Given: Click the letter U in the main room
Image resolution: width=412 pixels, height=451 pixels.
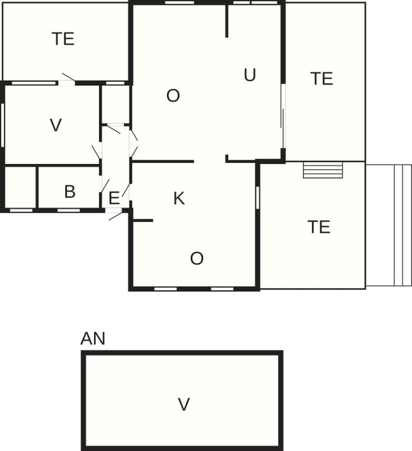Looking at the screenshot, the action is pos(250,75).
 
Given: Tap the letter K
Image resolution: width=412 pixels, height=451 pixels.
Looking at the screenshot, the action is pos(179,198).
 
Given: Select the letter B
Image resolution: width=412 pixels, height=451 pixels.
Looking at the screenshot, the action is pos(70,192).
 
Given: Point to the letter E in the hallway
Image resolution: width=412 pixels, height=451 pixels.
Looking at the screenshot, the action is pos(114,198).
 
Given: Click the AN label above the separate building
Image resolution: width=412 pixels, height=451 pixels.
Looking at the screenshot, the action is pos(93,338).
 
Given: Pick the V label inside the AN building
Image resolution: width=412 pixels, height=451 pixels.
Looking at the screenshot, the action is pos(183,404).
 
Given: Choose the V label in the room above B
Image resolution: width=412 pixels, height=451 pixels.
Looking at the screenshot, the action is pos(56,125).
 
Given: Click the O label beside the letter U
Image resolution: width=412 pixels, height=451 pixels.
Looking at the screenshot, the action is pos(173,96).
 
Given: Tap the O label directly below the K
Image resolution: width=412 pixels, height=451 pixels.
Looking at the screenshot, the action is pos(197,258).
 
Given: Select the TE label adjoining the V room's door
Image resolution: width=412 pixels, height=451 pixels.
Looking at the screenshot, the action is pos(63,39).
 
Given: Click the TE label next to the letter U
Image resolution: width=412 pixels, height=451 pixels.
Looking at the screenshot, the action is pos(322,78).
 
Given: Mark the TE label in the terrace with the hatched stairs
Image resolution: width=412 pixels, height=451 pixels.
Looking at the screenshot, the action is pos(318,227).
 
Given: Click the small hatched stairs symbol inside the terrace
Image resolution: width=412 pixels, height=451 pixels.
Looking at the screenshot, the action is pos(323,170).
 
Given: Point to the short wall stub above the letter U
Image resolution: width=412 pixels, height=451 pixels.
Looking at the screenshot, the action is pos(227,21).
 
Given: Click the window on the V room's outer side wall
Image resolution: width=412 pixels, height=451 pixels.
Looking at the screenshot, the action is pos(3,125).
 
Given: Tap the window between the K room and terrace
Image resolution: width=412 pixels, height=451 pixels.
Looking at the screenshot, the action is pos(257,198).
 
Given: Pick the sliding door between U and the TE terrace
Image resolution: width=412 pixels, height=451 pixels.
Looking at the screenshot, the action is pos(283,116).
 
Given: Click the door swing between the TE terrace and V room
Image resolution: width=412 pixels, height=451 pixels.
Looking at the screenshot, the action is pos(68,78).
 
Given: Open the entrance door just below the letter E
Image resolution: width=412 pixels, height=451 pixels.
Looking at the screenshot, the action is pos(114,214).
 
